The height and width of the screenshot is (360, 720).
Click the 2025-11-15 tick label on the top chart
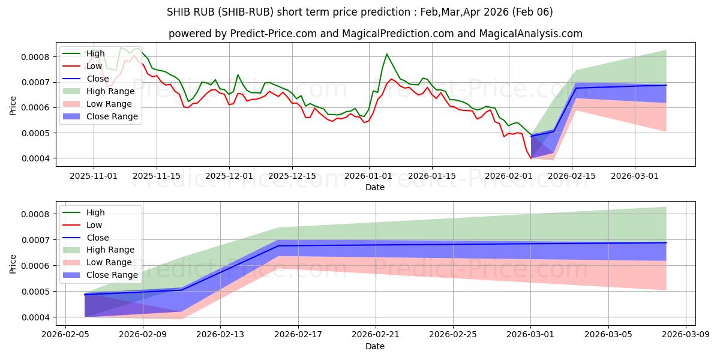click(x=157, y=176)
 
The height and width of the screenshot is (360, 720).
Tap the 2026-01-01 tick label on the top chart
click(x=368, y=176)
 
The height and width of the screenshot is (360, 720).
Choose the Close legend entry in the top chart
click(x=98, y=79)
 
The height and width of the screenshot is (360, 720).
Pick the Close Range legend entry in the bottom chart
click(x=112, y=275)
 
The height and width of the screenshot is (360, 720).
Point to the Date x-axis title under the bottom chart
click(x=375, y=346)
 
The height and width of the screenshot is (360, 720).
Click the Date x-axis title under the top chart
click(x=375, y=187)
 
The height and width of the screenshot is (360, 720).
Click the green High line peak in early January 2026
click(x=386, y=54)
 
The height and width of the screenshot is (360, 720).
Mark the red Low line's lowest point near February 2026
click(x=530, y=158)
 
